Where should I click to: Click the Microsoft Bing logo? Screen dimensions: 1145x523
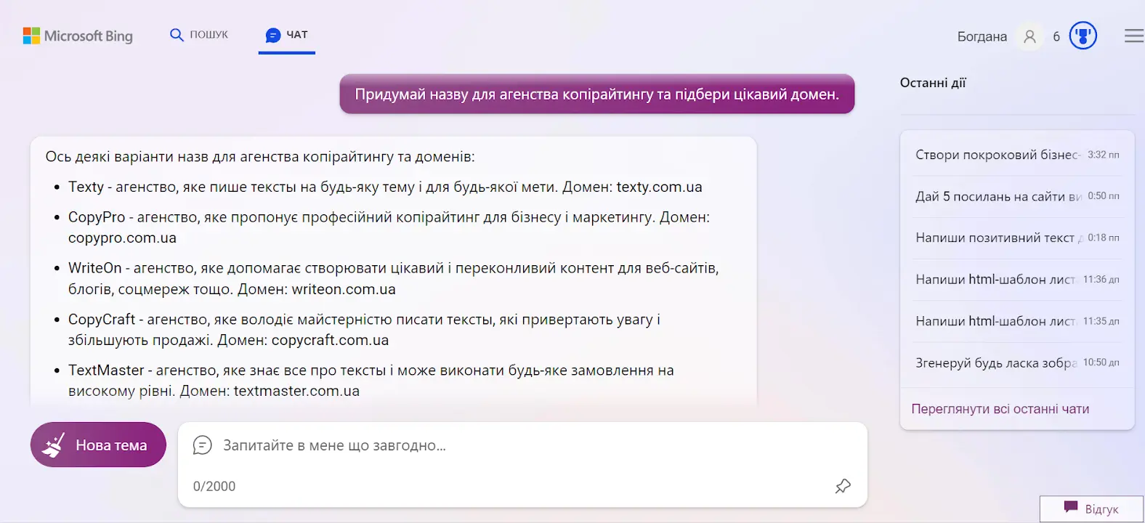78,36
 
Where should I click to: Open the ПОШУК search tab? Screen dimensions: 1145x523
199,35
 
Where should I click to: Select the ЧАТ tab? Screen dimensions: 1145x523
287,35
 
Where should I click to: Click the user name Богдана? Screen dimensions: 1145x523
982,36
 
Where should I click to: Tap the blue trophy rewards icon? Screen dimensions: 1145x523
1083,36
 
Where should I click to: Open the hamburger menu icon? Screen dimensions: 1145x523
1134,36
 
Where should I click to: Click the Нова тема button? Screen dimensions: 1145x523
98,445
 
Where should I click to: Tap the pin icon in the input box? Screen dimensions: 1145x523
842,486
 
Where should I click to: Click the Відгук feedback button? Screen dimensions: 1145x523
1091,508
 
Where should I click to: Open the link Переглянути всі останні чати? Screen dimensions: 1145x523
1000,409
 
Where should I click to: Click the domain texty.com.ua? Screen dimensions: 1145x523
659,187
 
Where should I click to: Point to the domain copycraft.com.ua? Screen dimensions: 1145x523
330,341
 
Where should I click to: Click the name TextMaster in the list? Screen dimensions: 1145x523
106,370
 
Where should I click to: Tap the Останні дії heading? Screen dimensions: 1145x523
933,83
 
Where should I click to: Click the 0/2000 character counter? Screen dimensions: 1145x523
214,486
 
